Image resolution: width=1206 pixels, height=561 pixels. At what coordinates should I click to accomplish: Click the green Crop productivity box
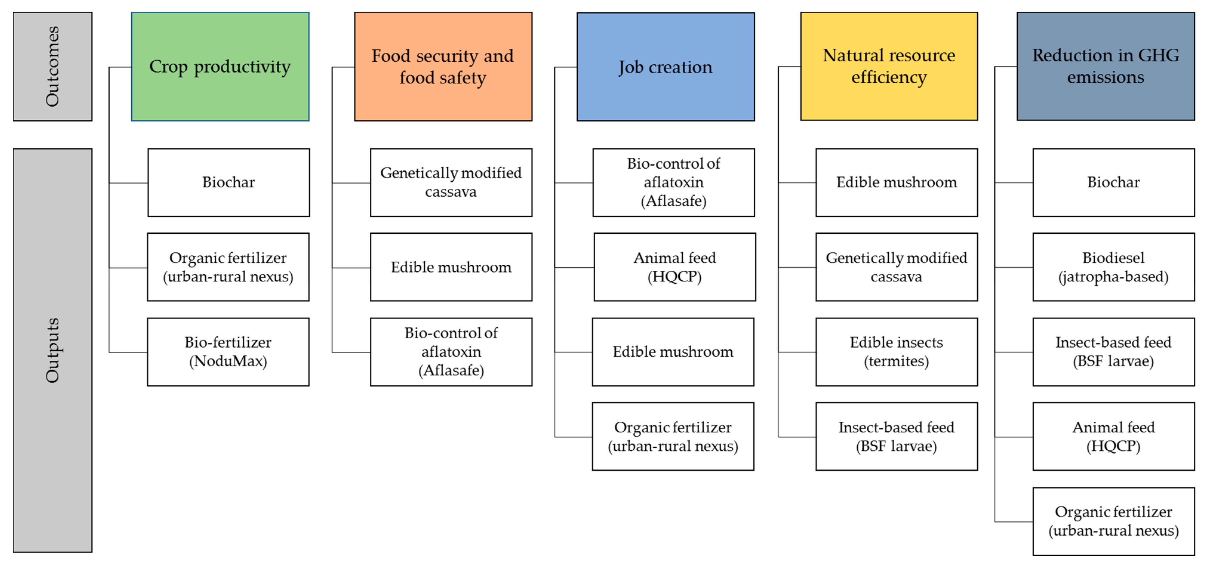(x=220, y=67)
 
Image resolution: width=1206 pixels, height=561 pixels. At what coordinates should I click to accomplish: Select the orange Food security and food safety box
(x=443, y=67)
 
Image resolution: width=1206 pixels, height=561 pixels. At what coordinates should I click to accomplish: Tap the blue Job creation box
(x=665, y=67)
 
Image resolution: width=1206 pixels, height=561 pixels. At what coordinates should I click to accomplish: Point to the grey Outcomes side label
(x=53, y=67)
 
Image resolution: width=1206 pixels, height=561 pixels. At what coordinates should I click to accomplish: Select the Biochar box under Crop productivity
(x=228, y=183)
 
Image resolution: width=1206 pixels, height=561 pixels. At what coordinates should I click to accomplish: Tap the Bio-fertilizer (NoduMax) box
(x=228, y=352)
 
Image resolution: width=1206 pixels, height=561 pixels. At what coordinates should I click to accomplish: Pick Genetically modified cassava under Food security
(x=451, y=183)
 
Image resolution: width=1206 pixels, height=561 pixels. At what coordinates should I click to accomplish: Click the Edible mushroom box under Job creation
(x=673, y=352)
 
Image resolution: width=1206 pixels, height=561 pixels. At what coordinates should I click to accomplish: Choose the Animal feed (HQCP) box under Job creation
(x=675, y=267)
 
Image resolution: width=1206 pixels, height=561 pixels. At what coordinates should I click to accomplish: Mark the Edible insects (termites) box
(x=896, y=352)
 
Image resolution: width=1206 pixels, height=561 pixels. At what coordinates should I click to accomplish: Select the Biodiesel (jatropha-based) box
(x=1113, y=267)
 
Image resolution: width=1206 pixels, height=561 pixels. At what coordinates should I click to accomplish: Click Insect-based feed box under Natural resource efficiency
(x=896, y=437)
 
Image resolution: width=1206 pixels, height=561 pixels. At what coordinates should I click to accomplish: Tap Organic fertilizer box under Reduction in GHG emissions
(x=1113, y=521)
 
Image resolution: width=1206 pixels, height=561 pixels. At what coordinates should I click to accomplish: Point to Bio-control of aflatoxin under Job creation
(x=673, y=183)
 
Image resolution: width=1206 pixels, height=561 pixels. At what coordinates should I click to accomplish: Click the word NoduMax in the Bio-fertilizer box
(x=228, y=361)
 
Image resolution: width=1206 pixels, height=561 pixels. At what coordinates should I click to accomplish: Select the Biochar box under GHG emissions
(x=1113, y=183)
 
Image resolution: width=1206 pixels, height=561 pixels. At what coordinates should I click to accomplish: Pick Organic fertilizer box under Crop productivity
(x=228, y=267)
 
